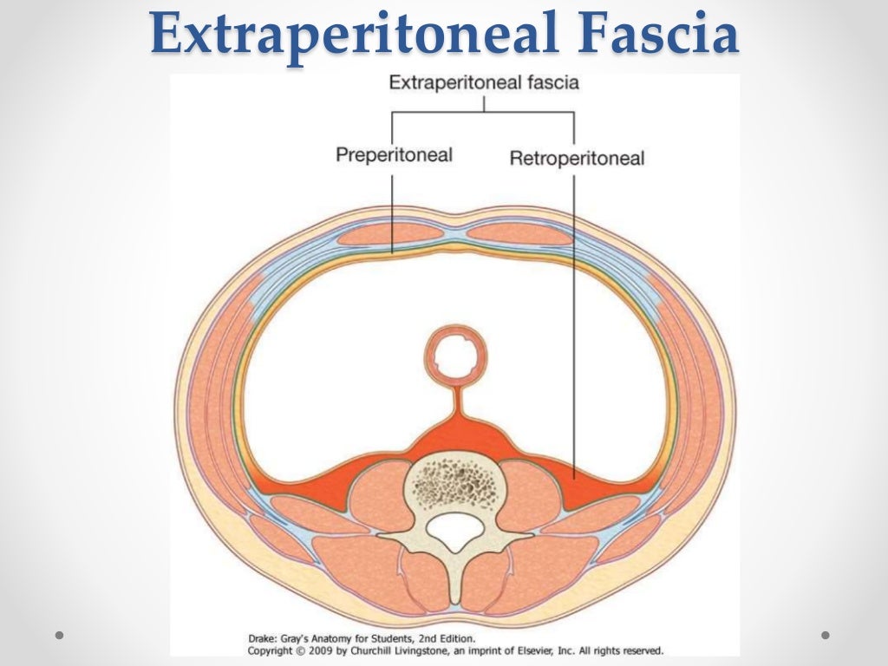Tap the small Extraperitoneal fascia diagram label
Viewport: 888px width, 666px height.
pyautogui.click(x=484, y=84)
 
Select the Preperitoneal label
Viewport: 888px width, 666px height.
pyautogui.click(x=395, y=156)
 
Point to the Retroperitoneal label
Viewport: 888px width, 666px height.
pyautogui.click(x=577, y=159)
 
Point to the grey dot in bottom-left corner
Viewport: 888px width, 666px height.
pyautogui.click(x=60, y=636)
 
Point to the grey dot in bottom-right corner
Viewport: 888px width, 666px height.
pyautogui.click(x=828, y=636)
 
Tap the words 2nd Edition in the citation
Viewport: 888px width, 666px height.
pyautogui.click(x=444, y=637)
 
